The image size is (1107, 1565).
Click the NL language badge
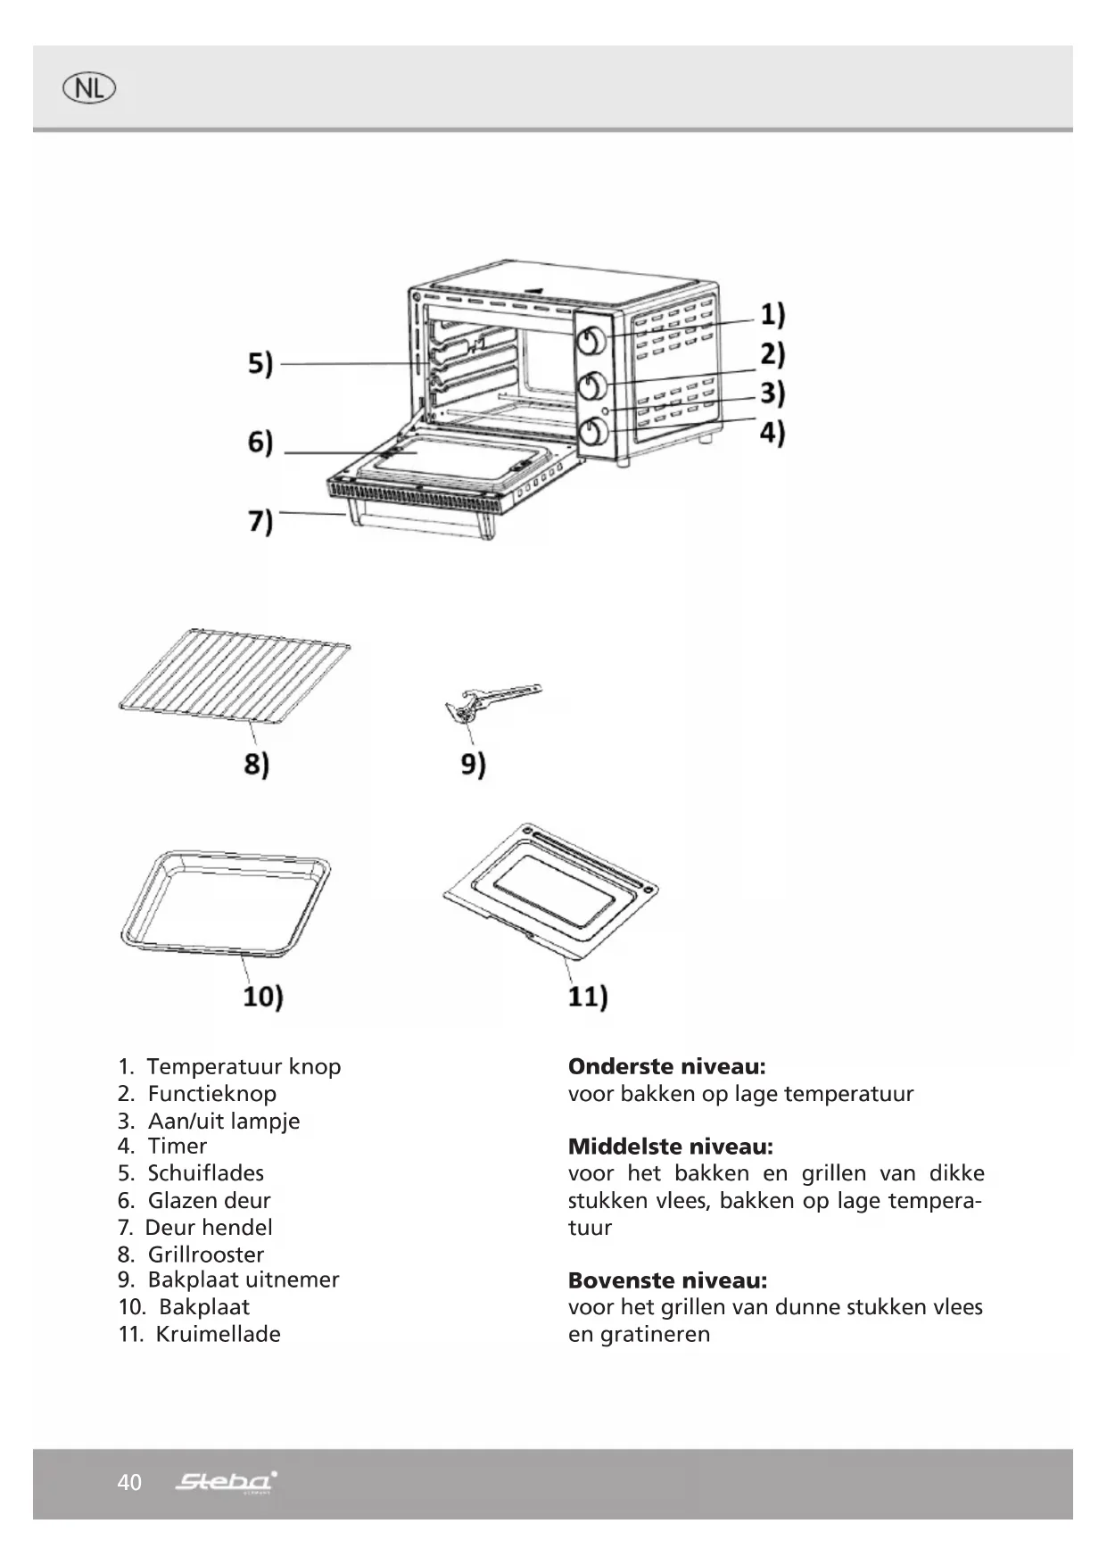click(x=89, y=88)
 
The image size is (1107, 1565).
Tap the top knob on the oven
click(x=592, y=341)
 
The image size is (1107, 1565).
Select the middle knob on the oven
click(x=592, y=385)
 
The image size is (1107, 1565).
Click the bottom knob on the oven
click(x=592, y=433)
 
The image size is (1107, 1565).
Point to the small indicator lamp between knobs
click(x=606, y=410)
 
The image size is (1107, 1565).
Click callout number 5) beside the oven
click(x=260, y=364)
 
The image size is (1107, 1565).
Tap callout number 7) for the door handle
click(x=260, y=520)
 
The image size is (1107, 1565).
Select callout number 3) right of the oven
click(x=772, y=393)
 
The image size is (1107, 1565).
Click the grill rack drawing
click(x=234, y=675)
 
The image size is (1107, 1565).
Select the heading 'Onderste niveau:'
click(x=666, y=1066)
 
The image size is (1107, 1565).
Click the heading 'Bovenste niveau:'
click(x=667, y=1280)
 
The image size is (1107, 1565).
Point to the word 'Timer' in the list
click(x=177, y=1146)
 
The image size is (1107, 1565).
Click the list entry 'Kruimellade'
click(x=218, y=1334)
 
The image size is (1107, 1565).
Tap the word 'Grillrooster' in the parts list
click(x=205, y=1254)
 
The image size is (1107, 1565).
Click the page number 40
click(x=129, y=1482)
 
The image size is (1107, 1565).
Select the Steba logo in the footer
click(x=226, y=1482)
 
